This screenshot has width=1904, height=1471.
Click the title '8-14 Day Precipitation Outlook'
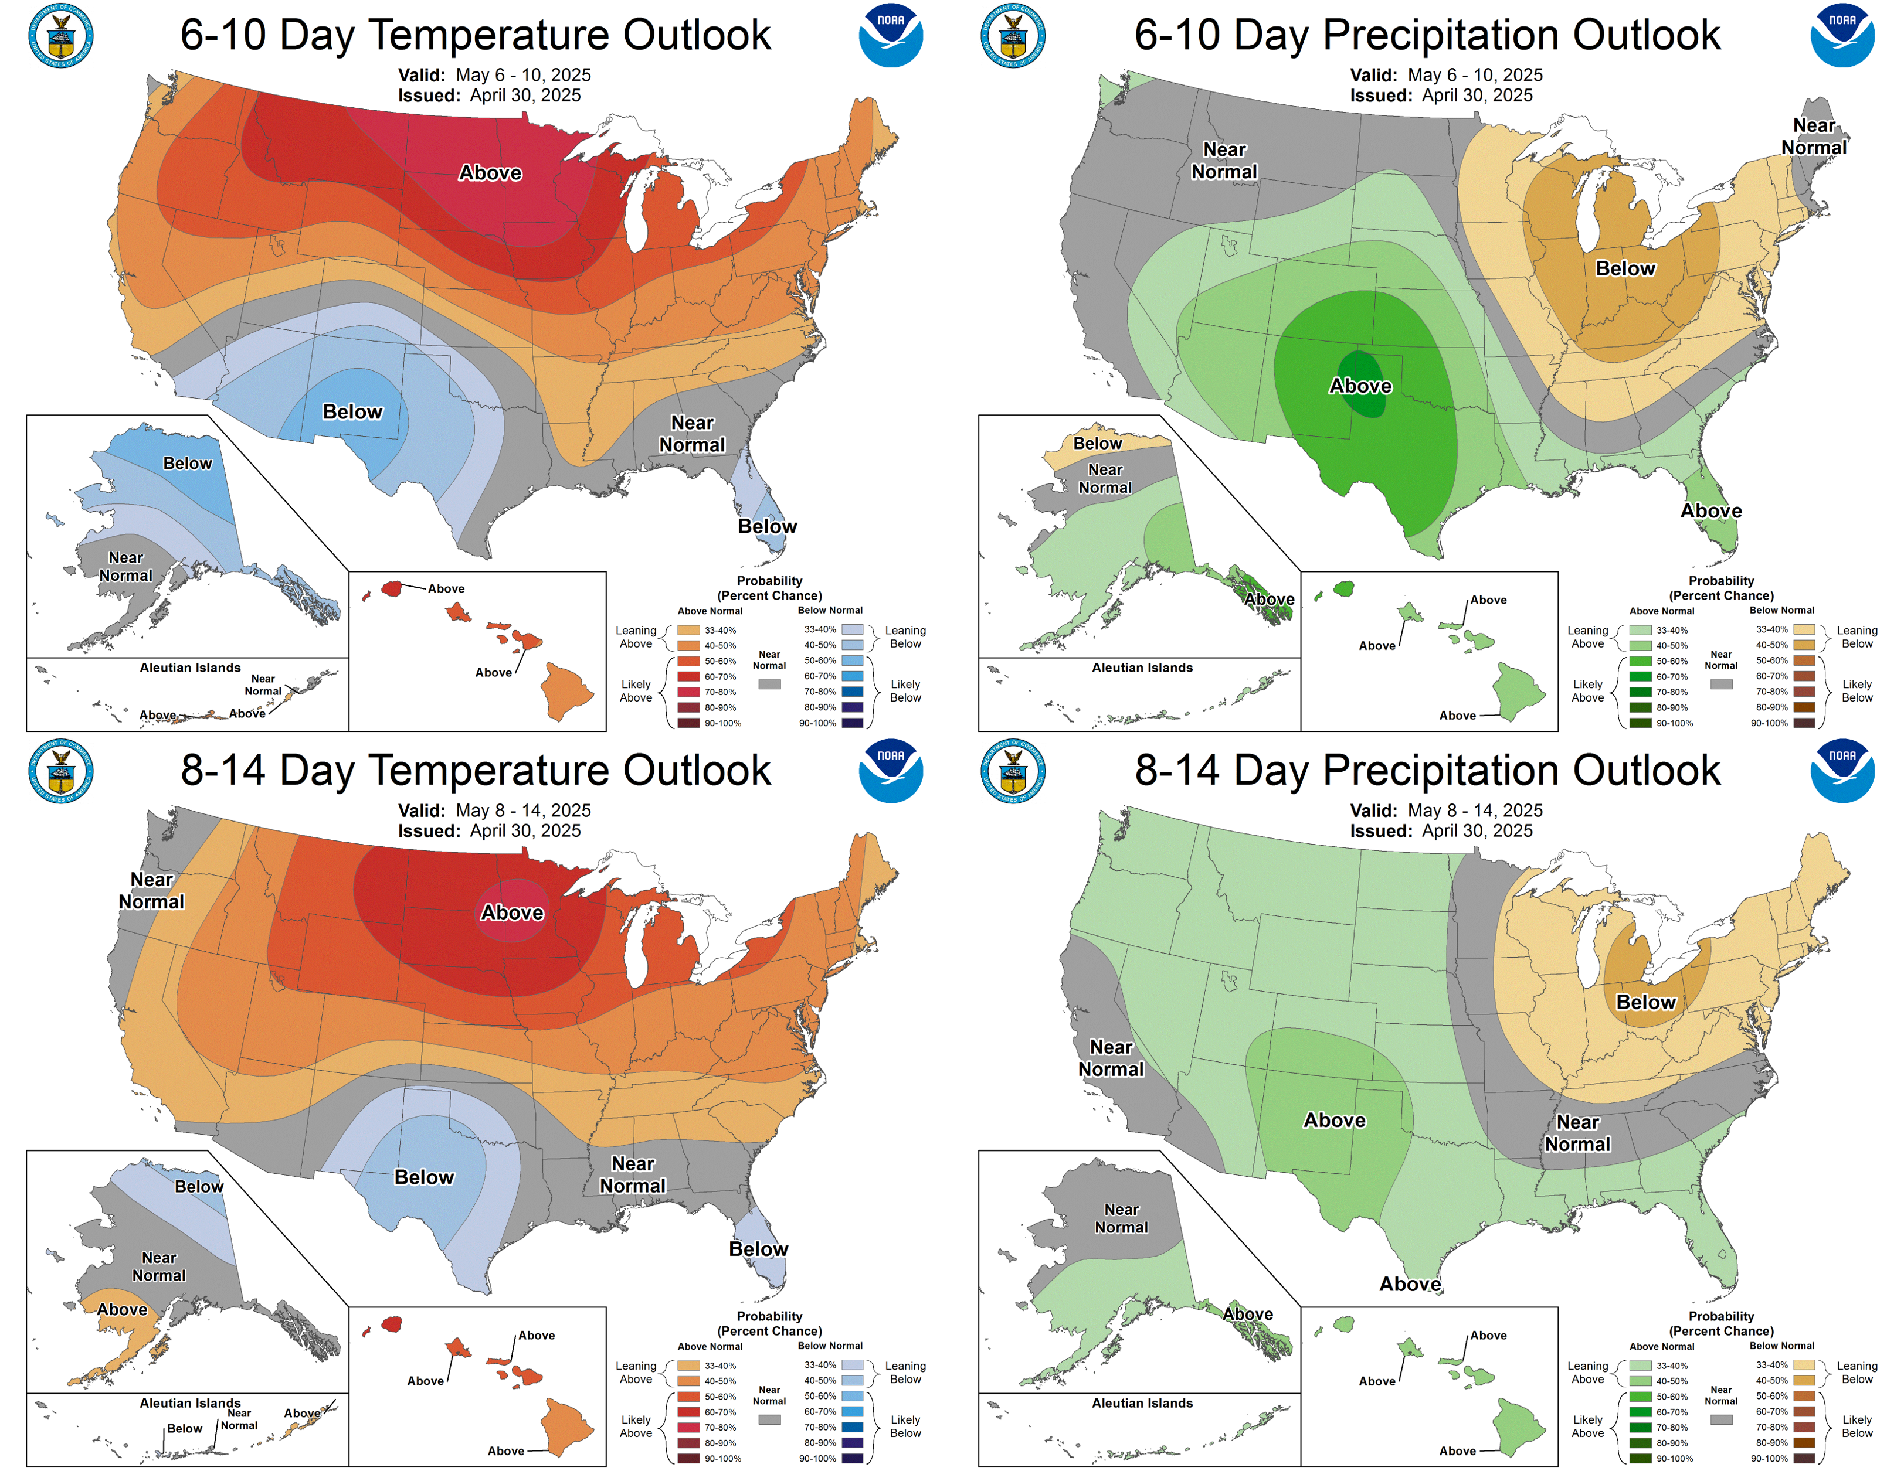coord(1427,770)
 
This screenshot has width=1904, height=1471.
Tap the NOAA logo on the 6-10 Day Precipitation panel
coord(1842,36)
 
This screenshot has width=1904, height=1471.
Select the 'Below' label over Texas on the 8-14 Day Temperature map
coord(424,1177)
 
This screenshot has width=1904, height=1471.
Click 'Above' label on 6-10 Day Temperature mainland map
coord(490,172)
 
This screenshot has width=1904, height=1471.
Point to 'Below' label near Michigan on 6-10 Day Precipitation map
coord(1625,268)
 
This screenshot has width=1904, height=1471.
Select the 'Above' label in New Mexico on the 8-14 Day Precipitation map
coord(1334,1121)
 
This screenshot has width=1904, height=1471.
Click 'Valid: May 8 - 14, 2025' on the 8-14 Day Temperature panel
coord(494,811)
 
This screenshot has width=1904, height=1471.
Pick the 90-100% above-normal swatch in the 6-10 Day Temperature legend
coord(689,723)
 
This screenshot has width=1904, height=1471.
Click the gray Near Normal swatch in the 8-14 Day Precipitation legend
coord(1721,1419)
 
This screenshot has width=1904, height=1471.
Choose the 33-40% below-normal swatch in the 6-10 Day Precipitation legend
coord(1804,629)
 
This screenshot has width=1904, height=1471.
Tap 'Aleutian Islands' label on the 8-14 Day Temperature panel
coord(190,1403)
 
